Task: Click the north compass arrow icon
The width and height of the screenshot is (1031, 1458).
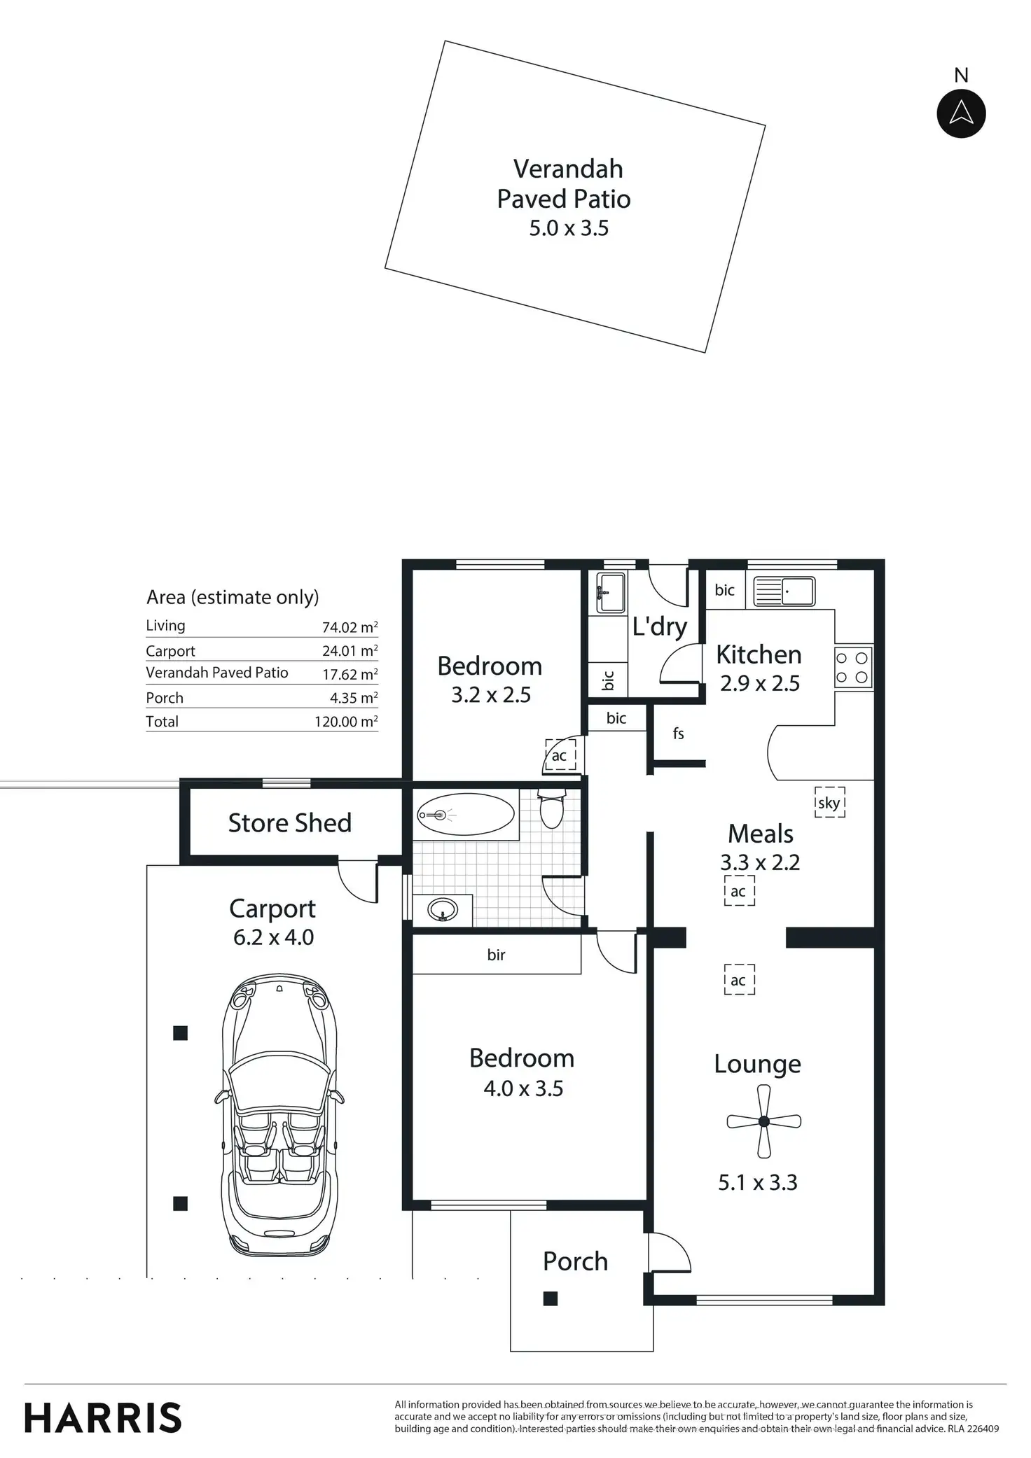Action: click(961, 113)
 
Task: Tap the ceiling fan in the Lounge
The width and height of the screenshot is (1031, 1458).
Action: click(763, 1121)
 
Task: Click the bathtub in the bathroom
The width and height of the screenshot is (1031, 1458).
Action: click(465, 815)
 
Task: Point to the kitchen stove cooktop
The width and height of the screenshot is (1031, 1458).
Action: click(853, 667)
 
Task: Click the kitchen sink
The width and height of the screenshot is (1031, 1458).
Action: click(784, 591)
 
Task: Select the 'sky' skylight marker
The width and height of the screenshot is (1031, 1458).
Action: click(829, 803)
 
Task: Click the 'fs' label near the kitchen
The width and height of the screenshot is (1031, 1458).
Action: click(678, 734)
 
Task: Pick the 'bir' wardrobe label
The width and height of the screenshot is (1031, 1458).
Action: click(496, 955)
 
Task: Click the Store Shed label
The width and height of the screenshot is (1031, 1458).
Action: click(290, 823)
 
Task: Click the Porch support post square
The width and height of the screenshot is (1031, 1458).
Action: click(551, 1298)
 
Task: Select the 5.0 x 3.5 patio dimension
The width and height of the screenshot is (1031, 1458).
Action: click(569, 228)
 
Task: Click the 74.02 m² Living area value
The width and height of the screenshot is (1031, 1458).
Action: click(350, 627)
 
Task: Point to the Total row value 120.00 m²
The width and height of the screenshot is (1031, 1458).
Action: click(346, 722)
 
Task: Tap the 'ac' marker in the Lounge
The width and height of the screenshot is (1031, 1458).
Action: click(739, 980)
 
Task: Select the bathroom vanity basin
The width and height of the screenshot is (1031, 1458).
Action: click(443, 910)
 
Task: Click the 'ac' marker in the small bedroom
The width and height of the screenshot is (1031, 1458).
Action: click(560, 755)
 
